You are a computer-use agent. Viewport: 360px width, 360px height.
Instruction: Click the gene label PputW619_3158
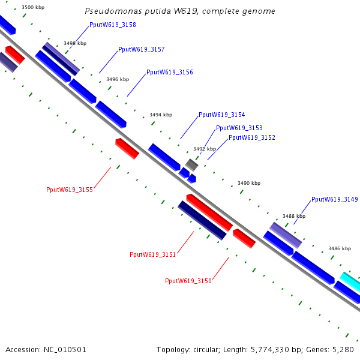click(x=113, y=25)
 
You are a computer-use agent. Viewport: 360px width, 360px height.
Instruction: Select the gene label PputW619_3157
click(x=142, y=49)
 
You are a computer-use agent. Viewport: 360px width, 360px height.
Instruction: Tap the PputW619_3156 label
click(x=170, y=72)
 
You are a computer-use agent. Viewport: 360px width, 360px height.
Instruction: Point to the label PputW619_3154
click(x=222, y=115)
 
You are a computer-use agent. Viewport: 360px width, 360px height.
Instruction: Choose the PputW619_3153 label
click(x=239, y=128)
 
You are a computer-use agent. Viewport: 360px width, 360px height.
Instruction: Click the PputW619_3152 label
click(x=252, y=137)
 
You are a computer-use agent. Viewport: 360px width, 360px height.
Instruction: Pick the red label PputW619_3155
click(x=70, y=190)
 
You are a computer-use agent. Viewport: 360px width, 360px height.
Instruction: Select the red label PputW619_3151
click(x=152, y=254)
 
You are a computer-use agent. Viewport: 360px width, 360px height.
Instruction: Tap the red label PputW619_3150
click(x=188, y=281)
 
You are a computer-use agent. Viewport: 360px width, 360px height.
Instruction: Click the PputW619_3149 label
click(x=335, y=199)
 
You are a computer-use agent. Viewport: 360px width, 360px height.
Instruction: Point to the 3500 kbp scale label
click(x=33, y=7)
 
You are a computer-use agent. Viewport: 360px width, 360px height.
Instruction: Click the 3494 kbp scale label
click(x=161, y=115)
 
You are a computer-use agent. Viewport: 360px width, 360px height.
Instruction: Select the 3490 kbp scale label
click(x=249, y=183)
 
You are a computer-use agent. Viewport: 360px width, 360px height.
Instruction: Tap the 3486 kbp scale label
click(x=340, y=248)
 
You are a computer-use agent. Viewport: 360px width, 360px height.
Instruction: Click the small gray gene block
click(x=192, y=164)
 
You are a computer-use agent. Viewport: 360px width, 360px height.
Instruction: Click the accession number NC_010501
click(x=65, y=350)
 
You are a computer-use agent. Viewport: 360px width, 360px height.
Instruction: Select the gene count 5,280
click(x=343, y=350)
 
